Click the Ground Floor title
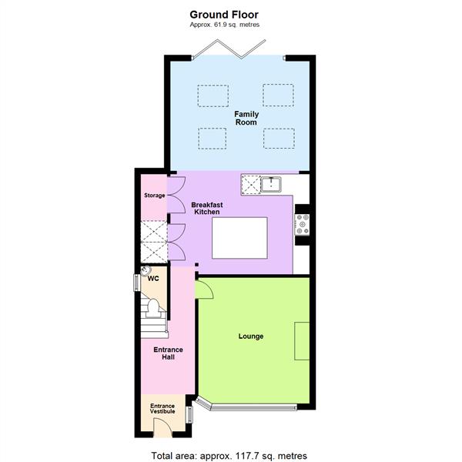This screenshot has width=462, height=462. coord(224,14)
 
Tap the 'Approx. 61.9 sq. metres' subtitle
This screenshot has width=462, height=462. coord(224,25)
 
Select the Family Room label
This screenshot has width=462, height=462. coord(246,118)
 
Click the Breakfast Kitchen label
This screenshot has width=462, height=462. coord(207,208)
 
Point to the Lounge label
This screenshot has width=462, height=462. coord(251,336)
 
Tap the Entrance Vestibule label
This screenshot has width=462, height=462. coord(162,408)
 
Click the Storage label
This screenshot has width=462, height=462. coord(154,196)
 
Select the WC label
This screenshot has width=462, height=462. coord(153,279)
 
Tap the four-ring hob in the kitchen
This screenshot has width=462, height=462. coord(302,223)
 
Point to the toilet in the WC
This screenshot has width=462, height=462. coord(153,308)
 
